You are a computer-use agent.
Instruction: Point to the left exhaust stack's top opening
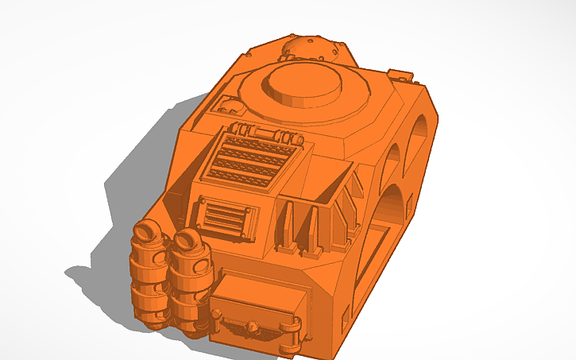pos(146,231)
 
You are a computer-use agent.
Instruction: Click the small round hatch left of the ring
pos(230,104)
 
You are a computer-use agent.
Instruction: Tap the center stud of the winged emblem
pos(252,327)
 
